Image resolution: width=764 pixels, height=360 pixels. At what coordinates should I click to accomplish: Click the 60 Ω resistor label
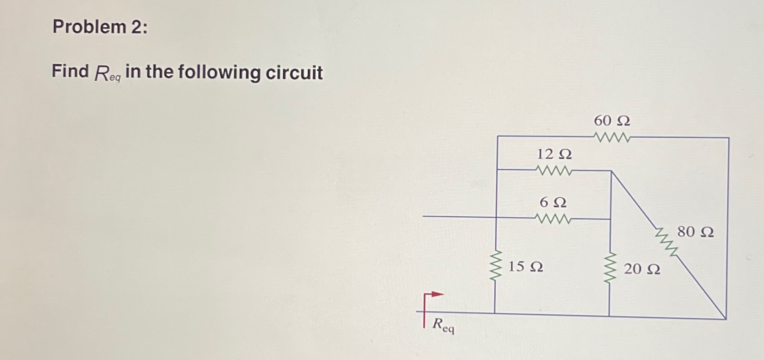point(612,121)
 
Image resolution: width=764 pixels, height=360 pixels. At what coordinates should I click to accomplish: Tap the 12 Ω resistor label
point(554,155)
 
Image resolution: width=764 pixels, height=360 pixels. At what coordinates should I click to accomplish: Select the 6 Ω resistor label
point(553,202)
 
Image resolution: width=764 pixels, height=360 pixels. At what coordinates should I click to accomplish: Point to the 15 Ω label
point(526,267)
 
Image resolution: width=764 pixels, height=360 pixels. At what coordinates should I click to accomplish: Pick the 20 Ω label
point(642,269)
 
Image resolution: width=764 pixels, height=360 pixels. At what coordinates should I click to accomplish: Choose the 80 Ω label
point(695,232)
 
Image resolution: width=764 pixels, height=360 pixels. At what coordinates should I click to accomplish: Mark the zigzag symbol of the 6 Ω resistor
point(553,219)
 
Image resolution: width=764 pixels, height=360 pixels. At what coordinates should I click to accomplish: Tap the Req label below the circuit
point(443,326)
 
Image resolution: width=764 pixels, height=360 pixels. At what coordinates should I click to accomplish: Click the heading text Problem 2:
point(100,27)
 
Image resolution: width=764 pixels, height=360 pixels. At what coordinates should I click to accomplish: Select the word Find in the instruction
point(70,71)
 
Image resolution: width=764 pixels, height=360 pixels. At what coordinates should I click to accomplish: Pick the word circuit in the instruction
point(294,73)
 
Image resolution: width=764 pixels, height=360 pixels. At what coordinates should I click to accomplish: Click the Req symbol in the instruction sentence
point(107,74)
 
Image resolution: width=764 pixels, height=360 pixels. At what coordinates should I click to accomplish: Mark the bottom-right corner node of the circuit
point(726,319)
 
